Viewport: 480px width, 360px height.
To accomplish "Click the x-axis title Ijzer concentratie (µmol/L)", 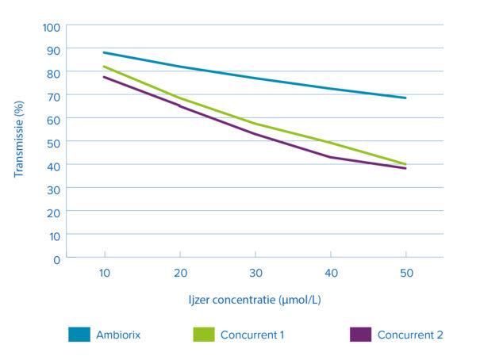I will coord(255,301).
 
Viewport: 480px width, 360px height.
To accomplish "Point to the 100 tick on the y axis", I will coord(51,26).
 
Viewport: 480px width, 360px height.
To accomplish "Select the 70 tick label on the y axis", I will coord(53,96).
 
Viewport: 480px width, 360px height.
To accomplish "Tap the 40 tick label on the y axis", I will coord(53,166).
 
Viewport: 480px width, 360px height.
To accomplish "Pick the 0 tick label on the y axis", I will coord(56,259).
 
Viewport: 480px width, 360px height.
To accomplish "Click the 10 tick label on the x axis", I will coord(105,273).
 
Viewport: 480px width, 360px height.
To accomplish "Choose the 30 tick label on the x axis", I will coord(255,273).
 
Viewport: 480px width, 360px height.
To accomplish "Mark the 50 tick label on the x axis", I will coord(405,273).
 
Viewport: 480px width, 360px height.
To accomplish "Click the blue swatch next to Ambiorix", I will coord(83,335).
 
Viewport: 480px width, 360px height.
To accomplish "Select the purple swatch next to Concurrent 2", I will coord(363,335).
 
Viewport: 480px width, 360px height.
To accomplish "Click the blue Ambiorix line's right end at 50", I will coord(405,98).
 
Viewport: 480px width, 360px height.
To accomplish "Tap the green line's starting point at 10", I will coord(105,67).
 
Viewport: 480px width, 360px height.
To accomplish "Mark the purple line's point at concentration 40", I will coord(331,157).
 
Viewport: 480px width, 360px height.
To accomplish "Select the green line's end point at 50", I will coord(405,164).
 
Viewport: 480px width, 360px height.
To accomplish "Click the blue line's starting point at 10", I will coord(105,53).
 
